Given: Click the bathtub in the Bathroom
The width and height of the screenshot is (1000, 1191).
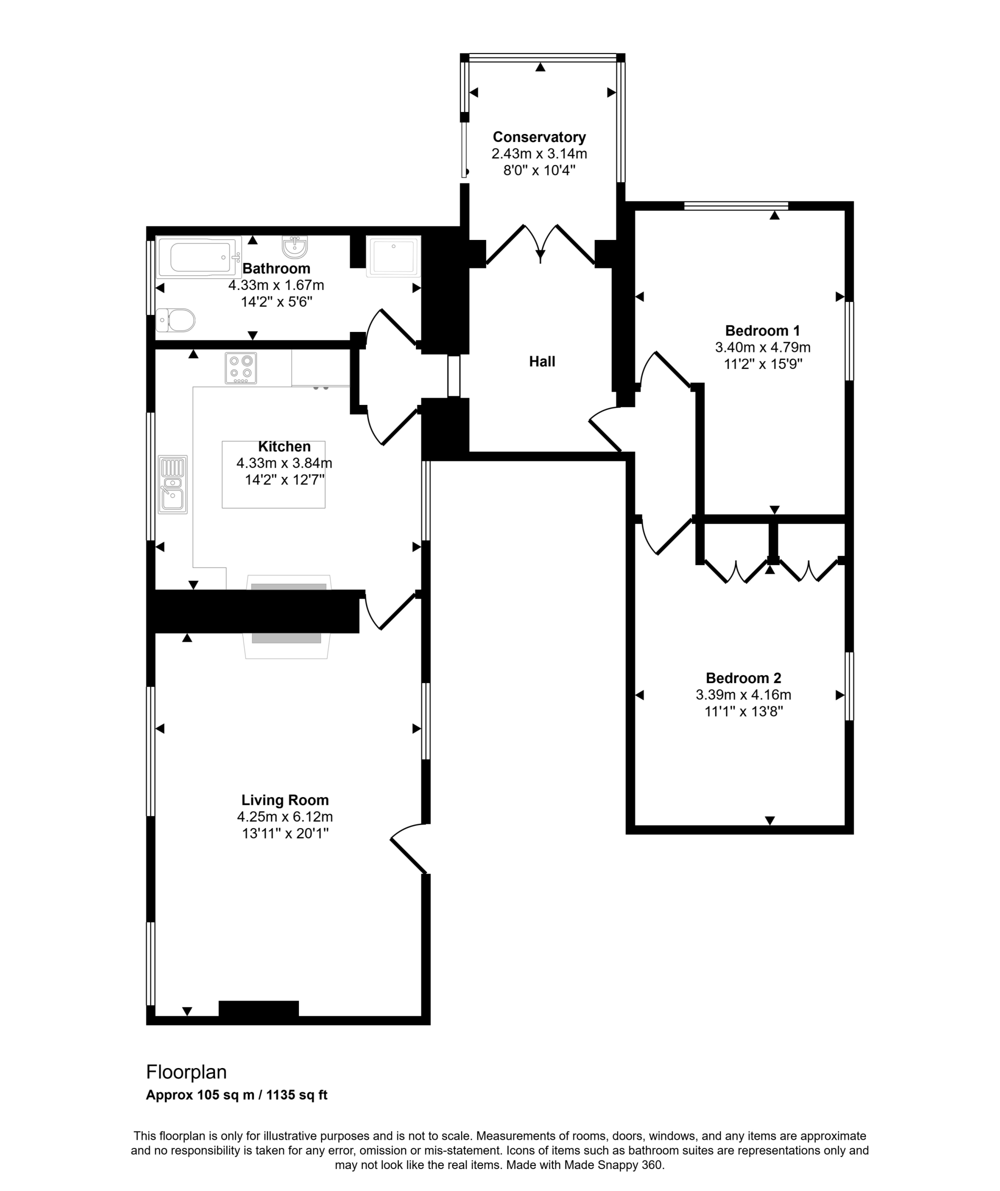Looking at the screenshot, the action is point(199,257).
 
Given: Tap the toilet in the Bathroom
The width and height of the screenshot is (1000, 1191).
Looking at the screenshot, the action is point(176,320).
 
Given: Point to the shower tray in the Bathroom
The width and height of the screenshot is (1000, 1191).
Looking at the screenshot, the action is point(393,256).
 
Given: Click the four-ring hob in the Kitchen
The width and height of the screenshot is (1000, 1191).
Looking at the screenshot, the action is point(241,367).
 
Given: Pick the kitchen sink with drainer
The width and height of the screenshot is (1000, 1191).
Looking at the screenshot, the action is point(172,484).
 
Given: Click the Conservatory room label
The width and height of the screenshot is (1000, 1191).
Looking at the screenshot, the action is point(539,137).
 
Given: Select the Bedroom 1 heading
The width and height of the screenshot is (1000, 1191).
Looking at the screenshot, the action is point(762,330).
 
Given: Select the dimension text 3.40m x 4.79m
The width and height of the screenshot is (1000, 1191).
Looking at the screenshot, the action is point(763,347).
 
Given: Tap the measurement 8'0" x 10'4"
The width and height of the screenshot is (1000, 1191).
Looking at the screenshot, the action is point(539,170).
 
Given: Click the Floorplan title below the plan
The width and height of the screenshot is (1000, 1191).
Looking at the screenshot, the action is point(186,1072).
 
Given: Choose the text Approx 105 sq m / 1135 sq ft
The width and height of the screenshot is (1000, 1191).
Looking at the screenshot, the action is point(237,1094).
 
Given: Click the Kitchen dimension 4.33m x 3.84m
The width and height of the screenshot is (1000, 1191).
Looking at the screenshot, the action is point(284,463).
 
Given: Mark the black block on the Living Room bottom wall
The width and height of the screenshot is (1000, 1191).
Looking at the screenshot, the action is point(258,1009).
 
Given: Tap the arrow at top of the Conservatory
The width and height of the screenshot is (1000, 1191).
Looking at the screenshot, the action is point(540,67).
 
